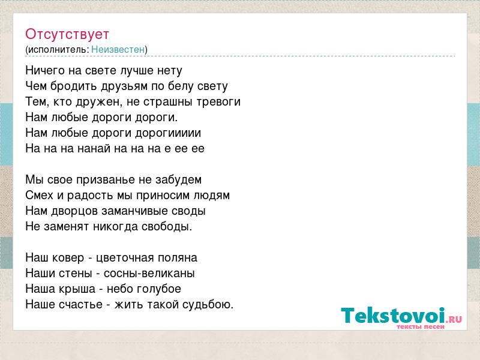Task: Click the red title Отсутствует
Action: click(x=67, y=34)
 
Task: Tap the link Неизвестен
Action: click(x=118, y=49)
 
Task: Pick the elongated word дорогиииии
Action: click(x=168, y=133)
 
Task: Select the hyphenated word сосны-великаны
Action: click(x=149, y=274)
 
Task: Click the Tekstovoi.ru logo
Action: click(x=401, y=318)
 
